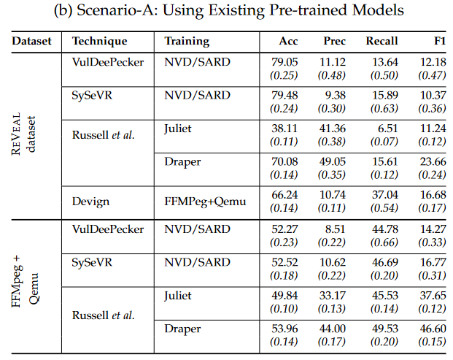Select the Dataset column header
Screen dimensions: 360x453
tap(31, 42)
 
